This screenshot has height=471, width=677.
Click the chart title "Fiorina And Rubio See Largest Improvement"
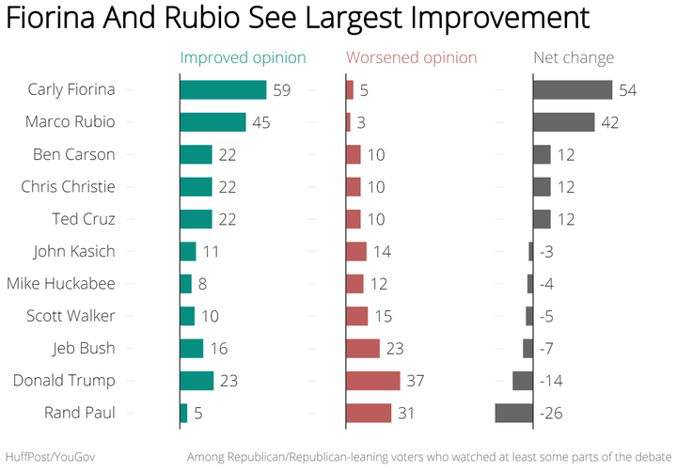298,18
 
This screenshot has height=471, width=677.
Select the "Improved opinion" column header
244,58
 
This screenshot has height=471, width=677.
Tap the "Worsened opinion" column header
412,58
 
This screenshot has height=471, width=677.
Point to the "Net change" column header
574,58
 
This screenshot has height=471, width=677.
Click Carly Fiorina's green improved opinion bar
223,90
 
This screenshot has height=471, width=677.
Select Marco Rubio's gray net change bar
564,122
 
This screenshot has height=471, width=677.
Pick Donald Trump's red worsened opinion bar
373,381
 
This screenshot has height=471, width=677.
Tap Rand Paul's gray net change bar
513,413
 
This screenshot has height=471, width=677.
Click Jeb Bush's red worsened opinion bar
363,349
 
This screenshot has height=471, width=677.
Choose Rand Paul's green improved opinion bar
184,413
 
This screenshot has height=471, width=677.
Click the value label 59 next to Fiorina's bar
282,90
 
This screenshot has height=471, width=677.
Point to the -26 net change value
551,414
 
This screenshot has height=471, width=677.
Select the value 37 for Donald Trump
416,381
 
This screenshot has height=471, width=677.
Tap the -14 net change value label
551,381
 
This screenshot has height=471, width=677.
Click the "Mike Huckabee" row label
61,284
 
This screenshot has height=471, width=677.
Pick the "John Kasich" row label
74,252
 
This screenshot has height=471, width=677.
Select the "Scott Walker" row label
71,316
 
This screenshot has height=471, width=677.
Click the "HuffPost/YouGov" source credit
50,457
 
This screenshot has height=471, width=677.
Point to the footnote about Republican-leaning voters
429,457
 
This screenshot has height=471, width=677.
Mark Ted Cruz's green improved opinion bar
196,219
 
